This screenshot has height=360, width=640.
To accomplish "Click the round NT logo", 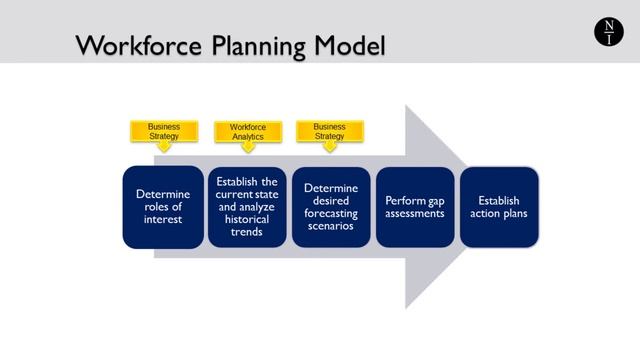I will click(x=607, y=32).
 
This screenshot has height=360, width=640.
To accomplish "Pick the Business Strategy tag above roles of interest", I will click(x=164, y=131).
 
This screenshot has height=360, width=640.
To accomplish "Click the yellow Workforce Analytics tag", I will click(x=247, y=131).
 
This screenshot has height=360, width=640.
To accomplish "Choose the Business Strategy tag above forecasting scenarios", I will click(x=329, y=131).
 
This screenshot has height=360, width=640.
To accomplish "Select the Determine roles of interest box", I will click(x=162, y=206).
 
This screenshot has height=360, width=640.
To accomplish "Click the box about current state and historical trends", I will click(x=247, y=206).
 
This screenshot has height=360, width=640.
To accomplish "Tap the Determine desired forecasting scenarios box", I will click(x=331, y=206).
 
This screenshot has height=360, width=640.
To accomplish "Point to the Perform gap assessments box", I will click(x=415, y=206).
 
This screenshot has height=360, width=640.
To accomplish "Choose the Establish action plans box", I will click(x=499, y=206).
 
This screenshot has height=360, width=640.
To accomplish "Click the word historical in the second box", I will click(x=247, y=219).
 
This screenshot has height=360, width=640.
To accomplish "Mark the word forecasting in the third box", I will click(x=331, y=213).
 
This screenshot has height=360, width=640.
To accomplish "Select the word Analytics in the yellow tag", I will click(x=247, y=137).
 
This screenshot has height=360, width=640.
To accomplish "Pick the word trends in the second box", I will click(x=247, y=232).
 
